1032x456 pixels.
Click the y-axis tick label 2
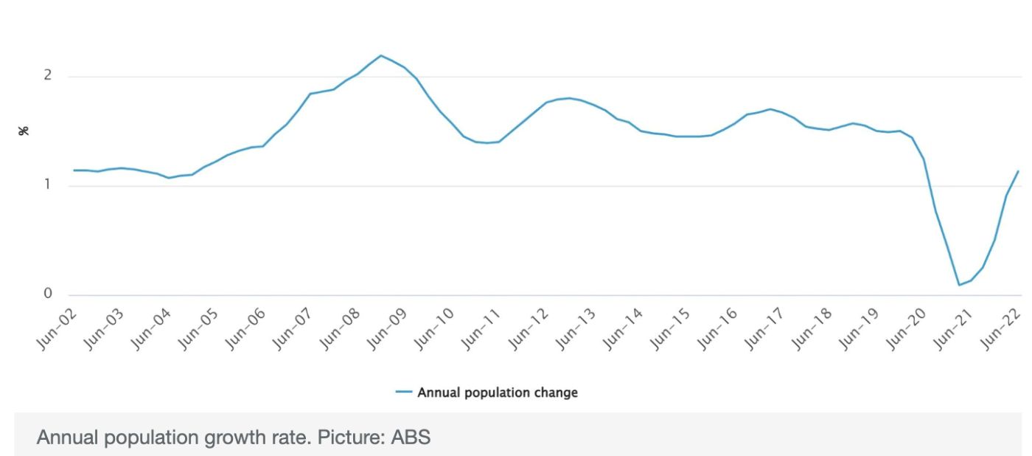click(x=48, y=75)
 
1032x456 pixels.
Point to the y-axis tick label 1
click(x=48, y=184)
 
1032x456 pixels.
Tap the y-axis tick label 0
click(x=48, y=294)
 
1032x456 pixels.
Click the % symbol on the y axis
click(x=24, y=131)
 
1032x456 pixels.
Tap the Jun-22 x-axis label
click(x=1003, y=328)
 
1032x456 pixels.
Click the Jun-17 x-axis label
click(x=767, y=328)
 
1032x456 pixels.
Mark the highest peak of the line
click(x=380, y=55)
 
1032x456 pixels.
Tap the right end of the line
click(x=1018, y=171)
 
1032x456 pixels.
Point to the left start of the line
click(x=74, y=170)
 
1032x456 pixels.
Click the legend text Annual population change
click(x=498, y=393)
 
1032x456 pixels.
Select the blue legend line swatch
click(x=403, y=393)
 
